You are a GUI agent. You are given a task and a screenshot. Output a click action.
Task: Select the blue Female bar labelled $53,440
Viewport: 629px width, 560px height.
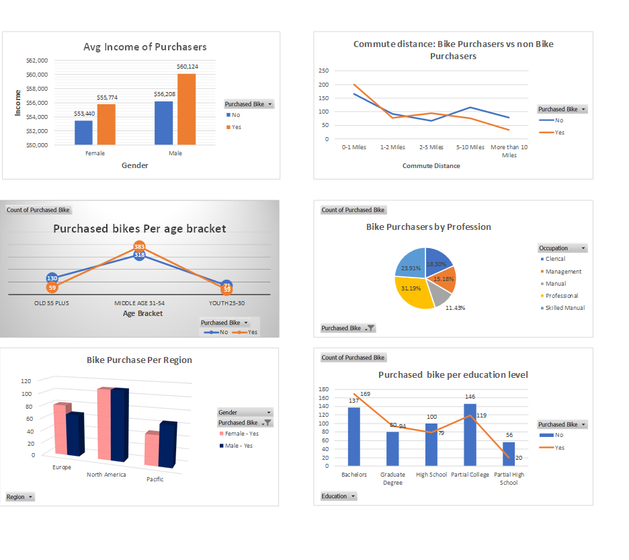tap(83, 132)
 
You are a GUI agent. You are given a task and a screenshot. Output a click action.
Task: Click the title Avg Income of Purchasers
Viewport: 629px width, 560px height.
tap(144, 47)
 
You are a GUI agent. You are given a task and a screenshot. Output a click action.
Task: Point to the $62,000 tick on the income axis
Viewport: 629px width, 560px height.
tap(37, 61)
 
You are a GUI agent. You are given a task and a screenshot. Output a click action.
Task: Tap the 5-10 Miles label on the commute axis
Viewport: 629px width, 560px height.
tap(470, 147)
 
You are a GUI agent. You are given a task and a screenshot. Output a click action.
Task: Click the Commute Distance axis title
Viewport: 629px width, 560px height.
tap(431, 165)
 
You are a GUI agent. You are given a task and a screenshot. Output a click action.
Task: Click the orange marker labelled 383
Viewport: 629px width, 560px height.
tap(139, 247)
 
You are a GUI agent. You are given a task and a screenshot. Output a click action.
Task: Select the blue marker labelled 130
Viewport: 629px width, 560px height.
tap(52, 278)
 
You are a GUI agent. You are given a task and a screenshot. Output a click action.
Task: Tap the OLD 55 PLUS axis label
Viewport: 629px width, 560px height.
tap(52, 303)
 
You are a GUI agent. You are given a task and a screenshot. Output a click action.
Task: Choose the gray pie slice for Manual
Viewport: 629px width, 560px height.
tap(439, 292)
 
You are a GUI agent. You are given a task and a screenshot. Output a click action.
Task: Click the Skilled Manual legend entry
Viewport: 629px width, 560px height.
tap(564, 308)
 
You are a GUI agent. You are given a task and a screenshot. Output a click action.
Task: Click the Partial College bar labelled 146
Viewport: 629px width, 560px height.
tap(470, 434)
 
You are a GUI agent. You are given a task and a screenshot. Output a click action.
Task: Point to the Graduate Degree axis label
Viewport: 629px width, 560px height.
tap(392, 479)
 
